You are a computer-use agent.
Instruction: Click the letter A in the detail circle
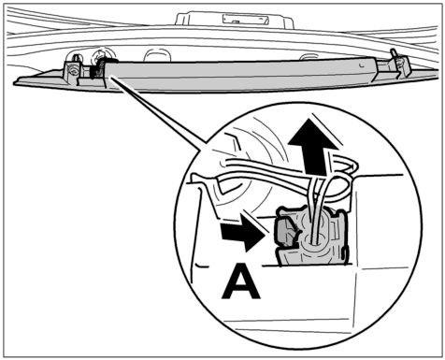(x=241, y=281)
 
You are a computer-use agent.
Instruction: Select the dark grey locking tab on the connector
(x=287, y=231)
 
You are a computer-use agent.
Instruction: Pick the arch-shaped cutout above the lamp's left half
(x=158, y=54)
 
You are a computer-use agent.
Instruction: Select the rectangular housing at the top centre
(x=235, y=20)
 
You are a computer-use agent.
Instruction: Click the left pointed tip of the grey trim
(x=14, y=83)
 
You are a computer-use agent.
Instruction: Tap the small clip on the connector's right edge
(x=344, y=253)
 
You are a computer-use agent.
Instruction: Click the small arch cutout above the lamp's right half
(x=309, y=57)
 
